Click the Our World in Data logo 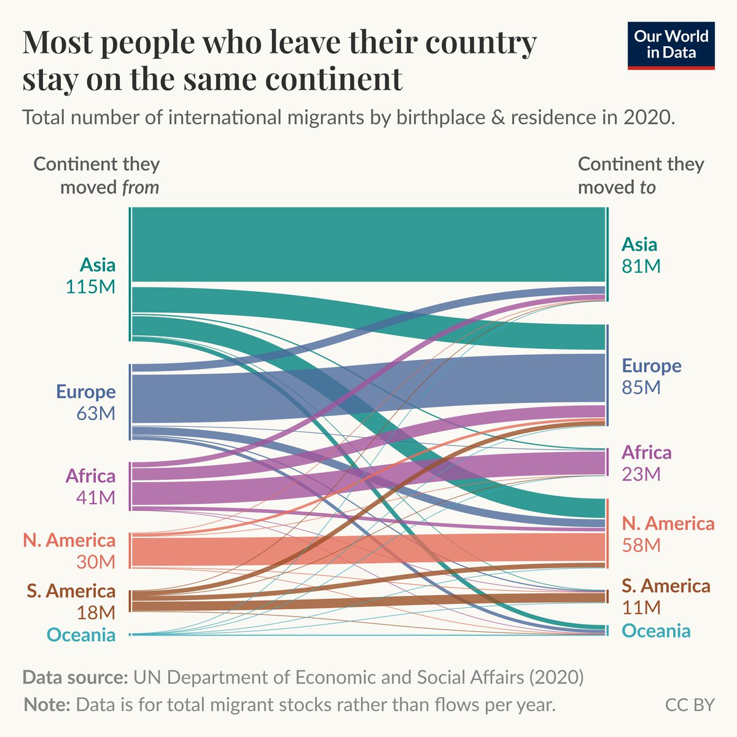(671, 45)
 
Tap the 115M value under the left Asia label (90, 287)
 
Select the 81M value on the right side (641, 266)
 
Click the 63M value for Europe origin (96, 413)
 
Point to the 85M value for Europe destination (641, 388)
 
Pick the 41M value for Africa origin (96, 497)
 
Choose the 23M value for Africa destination (641, 474)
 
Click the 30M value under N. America (96, 561)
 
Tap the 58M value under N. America (641, 545)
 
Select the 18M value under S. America (96, 612)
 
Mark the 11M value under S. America (641, 607)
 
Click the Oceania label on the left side (80, 634)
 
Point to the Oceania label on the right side (656, 631)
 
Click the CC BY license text (690, 704)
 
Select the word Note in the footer (47, 704)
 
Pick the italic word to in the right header (647, 187)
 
